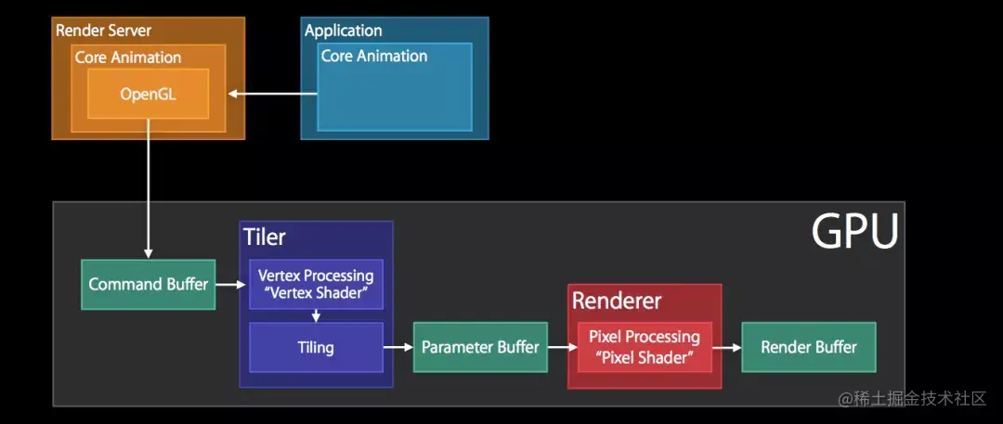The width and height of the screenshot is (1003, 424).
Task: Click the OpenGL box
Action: (148, 94)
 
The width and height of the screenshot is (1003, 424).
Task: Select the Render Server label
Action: (104, 30)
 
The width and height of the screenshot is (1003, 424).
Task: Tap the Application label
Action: (343, 31)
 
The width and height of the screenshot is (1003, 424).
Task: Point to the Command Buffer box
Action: (148, 284)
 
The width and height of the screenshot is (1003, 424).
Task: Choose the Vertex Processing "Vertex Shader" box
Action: (316, 284)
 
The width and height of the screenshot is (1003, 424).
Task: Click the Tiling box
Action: (316, 348)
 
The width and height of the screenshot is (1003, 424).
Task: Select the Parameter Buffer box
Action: (480, 347)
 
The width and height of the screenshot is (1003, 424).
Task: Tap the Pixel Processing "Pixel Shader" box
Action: (644, 347)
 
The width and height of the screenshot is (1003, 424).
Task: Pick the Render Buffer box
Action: (808, 347)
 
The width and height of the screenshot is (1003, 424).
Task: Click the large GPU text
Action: (854, 232)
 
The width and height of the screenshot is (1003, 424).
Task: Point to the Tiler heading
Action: (265, 237)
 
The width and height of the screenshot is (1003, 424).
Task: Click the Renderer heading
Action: (617, 301)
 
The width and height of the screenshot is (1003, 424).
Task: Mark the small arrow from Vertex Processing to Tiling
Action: (316, 315)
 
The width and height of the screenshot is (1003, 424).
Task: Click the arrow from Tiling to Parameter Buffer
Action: (397, 347)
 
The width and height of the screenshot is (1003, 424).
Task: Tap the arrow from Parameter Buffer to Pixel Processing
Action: (557, 347)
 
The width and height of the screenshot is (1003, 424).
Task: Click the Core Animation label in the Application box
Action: (373, 56)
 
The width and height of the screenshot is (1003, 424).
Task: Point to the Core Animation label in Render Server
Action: (128, 57)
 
